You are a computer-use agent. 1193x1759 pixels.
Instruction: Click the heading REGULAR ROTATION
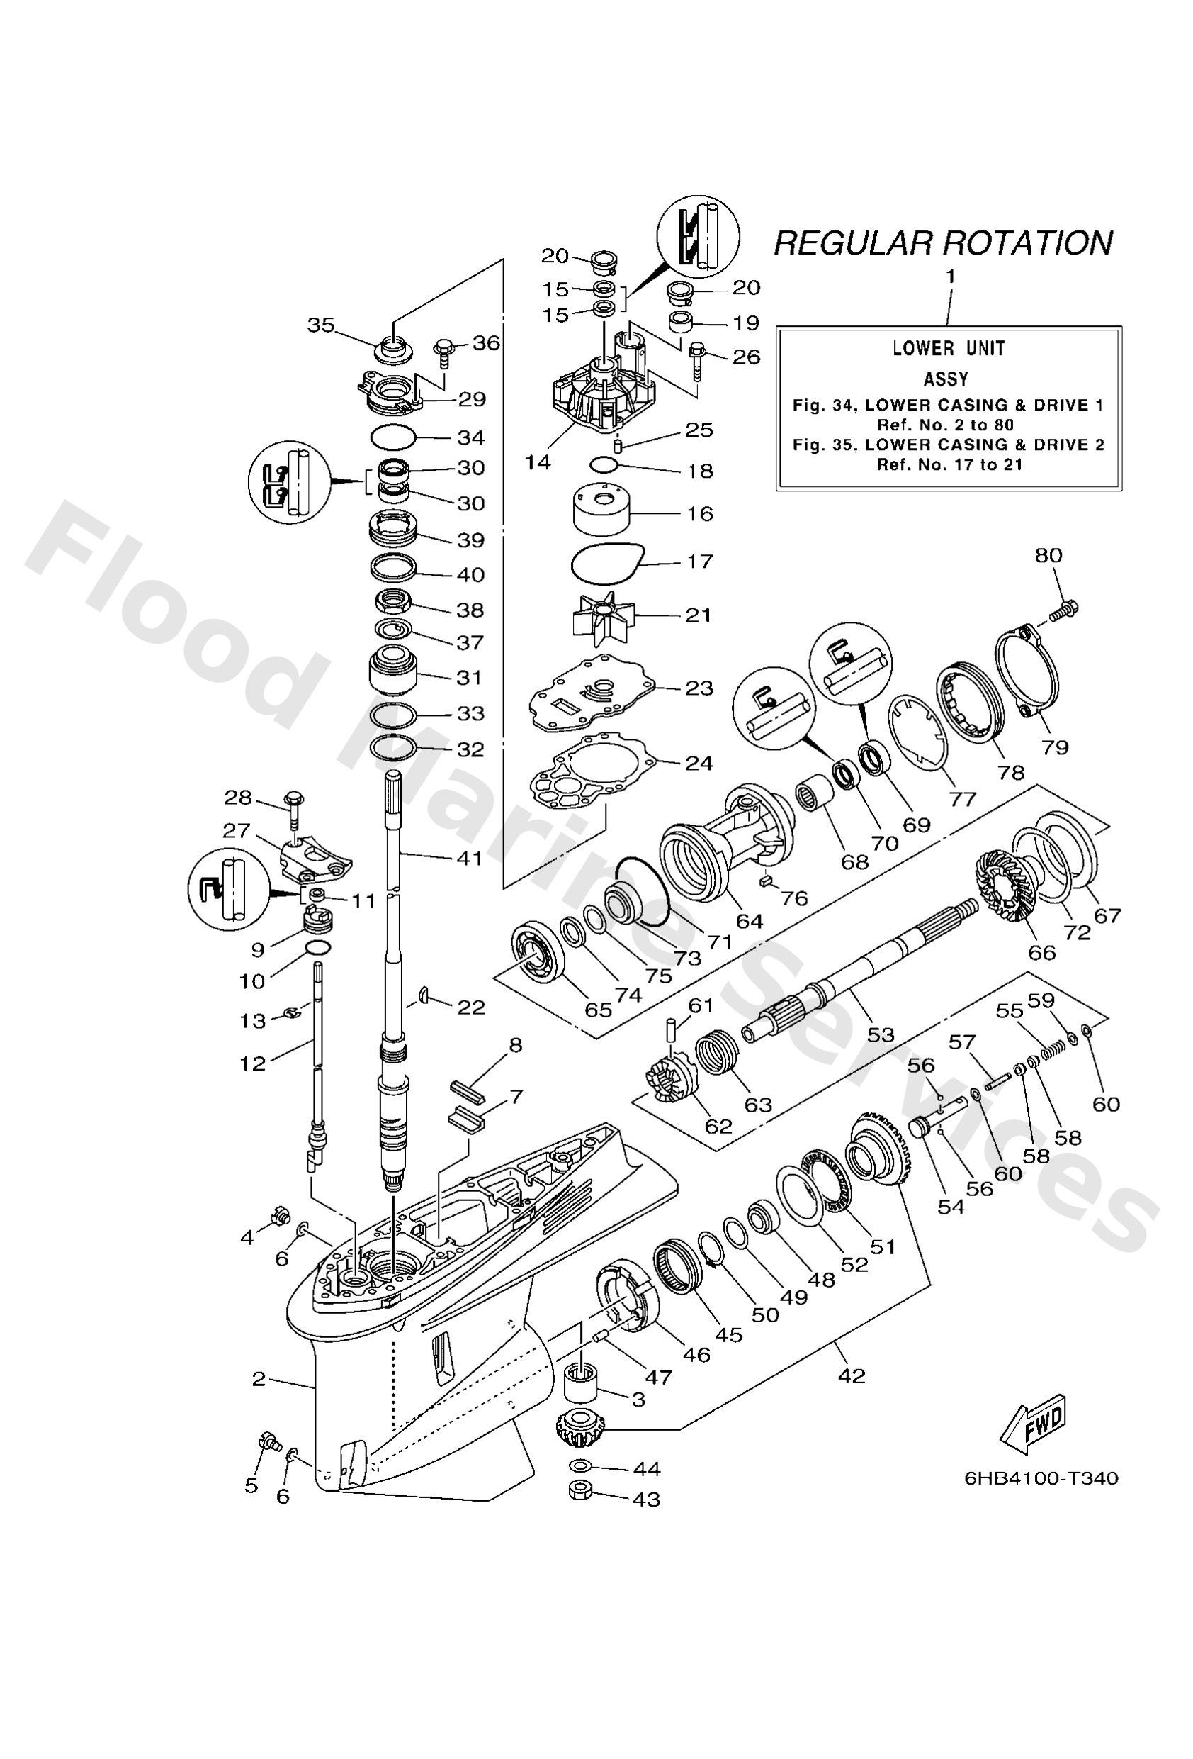(943, 243)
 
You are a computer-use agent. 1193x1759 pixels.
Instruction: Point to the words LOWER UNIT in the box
(949, 348)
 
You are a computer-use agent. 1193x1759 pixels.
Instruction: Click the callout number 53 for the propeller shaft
(881, 1034)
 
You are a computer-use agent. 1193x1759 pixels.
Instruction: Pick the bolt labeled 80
(1063, 608)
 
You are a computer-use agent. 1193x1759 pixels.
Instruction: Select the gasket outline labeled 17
(605, 562)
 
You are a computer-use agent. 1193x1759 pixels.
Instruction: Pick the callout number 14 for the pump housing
(538, 462)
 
